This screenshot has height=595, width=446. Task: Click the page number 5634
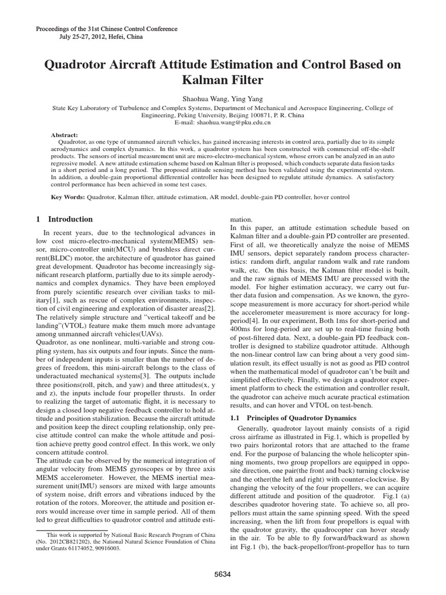222,574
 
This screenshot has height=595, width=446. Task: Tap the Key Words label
68,197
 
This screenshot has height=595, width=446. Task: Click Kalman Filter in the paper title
222,80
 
